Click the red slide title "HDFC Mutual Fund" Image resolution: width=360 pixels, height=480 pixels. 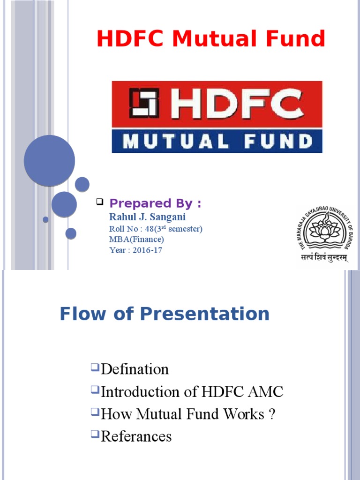tap(210, 39)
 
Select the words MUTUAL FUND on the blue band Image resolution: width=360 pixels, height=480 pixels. tap(217, 141)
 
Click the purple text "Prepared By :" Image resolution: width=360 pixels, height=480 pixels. tap(155, 203)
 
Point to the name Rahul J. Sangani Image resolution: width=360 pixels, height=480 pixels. tap(147, 217)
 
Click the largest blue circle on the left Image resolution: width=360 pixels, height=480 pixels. tap(49, 160)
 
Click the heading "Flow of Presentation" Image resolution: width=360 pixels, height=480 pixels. tap(165, 314)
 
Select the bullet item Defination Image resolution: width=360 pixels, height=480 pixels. tap(135, 369)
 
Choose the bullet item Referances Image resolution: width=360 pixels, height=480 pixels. tap(136, 436)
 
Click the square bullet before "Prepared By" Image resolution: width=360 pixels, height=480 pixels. tap(99, 202)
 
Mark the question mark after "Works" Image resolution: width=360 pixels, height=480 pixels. tap(271, 414)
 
